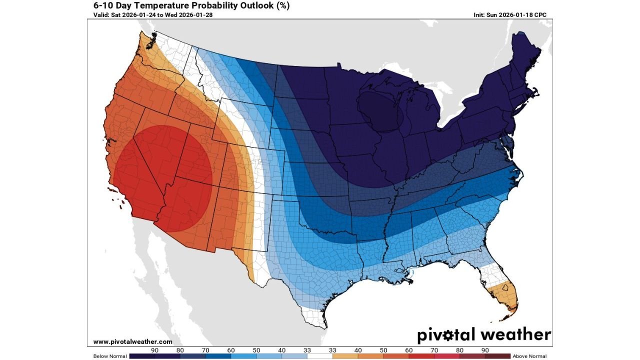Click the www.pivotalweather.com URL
coord(132,342)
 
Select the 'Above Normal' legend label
coord(529,356)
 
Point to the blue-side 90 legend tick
coord(154,350)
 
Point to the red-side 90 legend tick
coord(485,350)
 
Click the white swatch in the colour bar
coord(319,356)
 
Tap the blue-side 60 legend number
coord(231,350)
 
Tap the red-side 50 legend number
coord(383,350)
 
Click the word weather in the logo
coord(515,334)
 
